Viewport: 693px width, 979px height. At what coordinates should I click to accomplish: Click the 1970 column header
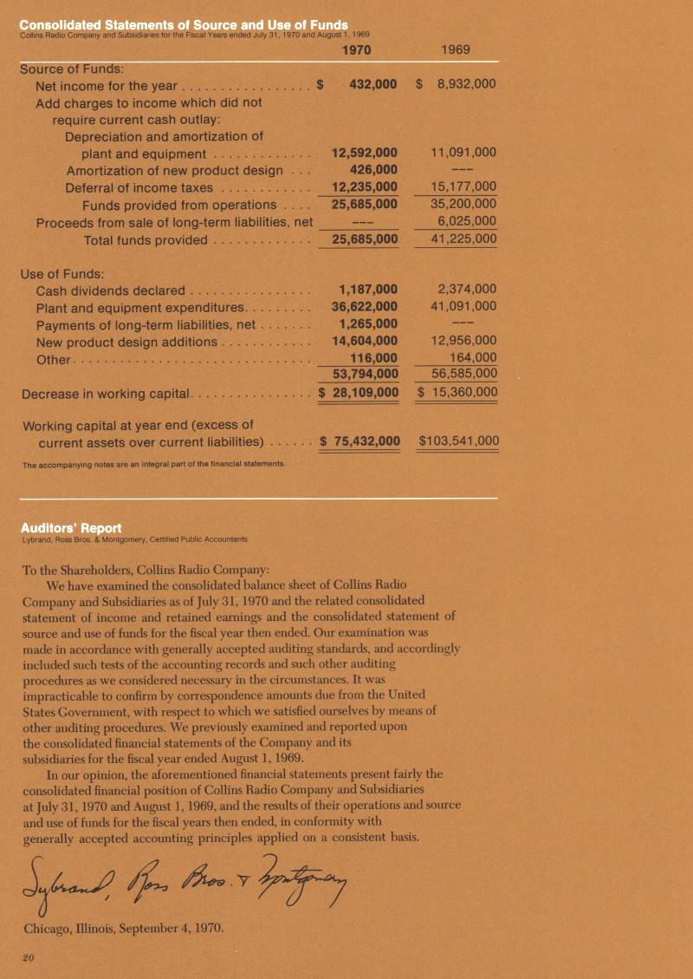[357, 50]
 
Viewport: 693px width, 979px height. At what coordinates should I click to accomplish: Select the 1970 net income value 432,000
[372, 85]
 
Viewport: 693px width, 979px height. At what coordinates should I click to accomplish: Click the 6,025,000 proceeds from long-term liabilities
[467, 221]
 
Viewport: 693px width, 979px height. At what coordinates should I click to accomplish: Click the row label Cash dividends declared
[110, 290]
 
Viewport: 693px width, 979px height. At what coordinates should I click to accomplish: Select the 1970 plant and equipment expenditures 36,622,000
[365, 306]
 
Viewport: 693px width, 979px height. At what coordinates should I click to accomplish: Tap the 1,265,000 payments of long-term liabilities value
[368, 323]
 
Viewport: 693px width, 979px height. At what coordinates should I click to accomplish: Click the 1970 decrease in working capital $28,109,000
[359, 392]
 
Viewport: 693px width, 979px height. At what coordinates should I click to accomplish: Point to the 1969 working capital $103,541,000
[458, 441]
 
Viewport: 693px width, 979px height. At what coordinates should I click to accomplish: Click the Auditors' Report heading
[71, 527]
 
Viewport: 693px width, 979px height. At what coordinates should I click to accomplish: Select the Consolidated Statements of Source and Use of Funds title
[184, 23]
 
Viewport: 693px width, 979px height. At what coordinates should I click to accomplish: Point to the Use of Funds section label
[62, 273]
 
